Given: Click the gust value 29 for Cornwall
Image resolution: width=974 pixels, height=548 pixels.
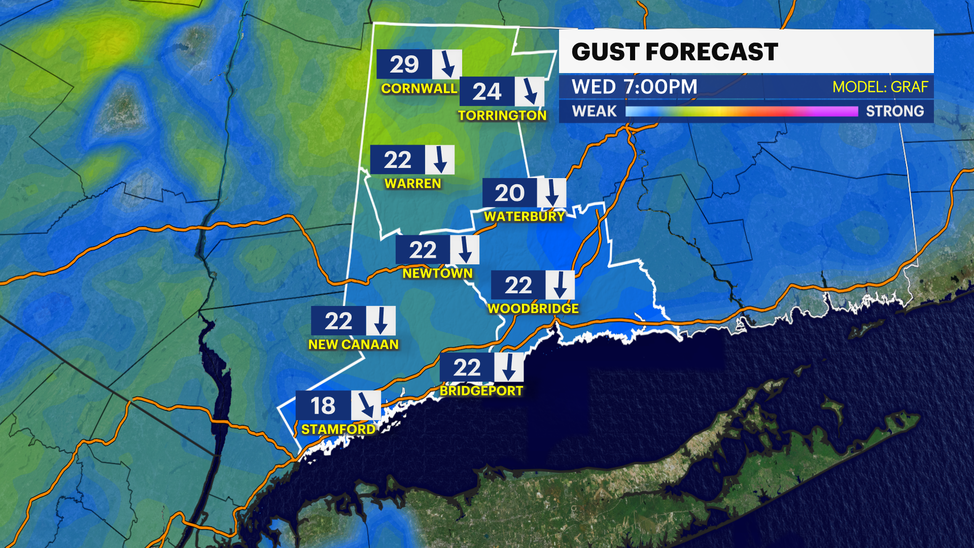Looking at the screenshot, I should pos(404,64).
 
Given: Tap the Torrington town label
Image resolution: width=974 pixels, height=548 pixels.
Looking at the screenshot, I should pos(502,116).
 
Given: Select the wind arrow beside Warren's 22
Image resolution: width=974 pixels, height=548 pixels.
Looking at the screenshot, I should pos(440,160).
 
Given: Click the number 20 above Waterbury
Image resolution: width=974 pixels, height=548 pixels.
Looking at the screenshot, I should pos(509,193).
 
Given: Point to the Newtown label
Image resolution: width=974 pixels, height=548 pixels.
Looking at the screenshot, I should pos(437,273).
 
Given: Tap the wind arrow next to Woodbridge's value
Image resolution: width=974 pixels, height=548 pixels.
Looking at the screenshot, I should pos(560,285).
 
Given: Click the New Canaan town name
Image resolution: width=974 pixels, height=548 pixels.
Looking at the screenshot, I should pos(354,345).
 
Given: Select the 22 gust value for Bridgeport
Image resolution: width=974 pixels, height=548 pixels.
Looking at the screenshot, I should pos(467,368).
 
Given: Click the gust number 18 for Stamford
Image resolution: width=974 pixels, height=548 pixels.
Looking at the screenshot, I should pos(323,406).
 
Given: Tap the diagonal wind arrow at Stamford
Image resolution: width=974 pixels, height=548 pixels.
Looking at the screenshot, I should pos(366,405).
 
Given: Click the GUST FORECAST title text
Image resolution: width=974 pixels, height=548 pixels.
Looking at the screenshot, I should pos(675,52).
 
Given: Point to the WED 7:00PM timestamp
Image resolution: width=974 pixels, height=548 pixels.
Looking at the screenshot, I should pos(635,87).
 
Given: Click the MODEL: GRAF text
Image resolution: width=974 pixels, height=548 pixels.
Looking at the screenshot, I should pos(880,87).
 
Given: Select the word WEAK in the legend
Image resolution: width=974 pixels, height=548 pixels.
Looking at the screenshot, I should pos(594,111).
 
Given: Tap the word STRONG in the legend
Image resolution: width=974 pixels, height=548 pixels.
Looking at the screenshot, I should pos(894,111).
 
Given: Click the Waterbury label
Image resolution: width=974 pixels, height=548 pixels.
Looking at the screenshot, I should pos(524,217).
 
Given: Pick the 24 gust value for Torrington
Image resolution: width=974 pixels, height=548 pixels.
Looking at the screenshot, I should pos(487,92).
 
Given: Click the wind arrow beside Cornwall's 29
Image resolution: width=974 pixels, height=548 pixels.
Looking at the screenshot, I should pos(447,64).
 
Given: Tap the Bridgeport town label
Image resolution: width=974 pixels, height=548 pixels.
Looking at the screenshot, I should pos(481,391).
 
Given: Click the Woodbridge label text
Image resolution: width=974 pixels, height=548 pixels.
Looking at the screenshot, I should pos(533,309).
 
